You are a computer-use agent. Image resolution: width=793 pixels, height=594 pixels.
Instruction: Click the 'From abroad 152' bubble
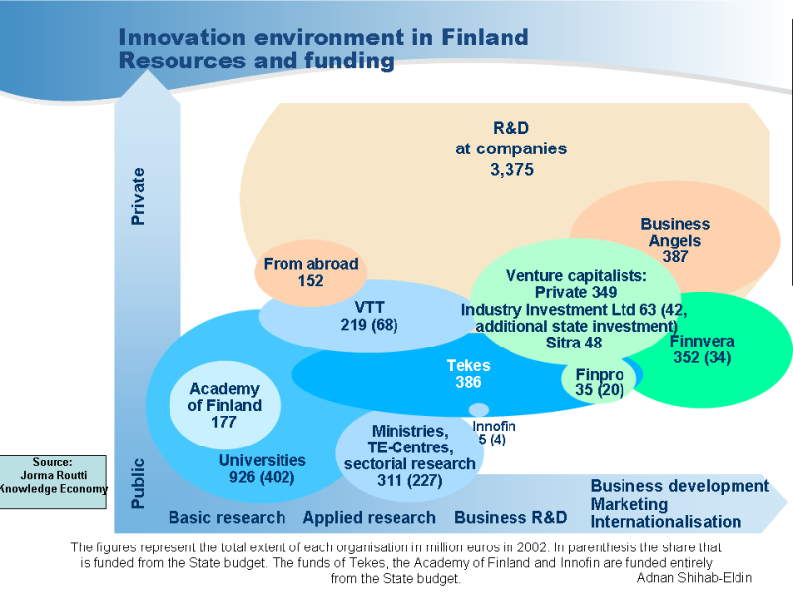[x=310, y=271]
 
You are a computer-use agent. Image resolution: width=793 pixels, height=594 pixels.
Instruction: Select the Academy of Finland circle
[x=225, y=405]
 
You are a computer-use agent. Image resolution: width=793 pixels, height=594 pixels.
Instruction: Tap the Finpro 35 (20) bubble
[x=600, y=382]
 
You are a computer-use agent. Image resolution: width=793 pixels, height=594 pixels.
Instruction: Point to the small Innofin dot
[x=479, y=410]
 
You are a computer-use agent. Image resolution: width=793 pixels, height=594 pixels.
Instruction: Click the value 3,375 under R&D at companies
[x=511, y=170]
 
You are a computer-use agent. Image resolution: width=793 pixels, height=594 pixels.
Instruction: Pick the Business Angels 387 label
[x=675, y=240]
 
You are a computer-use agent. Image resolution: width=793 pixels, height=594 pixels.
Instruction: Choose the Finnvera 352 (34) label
[x=701, y=349]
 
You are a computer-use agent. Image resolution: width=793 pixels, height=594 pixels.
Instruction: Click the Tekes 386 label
[x=468, y=373]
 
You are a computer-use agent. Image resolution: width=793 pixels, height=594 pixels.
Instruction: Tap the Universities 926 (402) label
[x=262, y=469]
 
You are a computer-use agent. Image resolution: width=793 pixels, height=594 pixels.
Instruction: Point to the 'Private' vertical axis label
[x=139, y=196]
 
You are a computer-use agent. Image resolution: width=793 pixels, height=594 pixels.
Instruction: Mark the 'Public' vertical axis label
[x=139, y=482]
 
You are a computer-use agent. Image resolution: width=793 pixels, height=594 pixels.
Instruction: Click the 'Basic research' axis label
[x=226, y=517]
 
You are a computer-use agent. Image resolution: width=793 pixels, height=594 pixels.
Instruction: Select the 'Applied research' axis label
[x=369, y=517]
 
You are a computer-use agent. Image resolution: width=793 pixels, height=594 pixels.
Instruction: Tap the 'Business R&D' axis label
[x=510, y=517]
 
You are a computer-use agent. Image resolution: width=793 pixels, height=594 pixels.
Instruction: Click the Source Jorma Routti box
[x=54, y=481]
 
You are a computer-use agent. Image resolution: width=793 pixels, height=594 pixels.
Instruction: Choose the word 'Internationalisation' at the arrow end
[x=665, y=522]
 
